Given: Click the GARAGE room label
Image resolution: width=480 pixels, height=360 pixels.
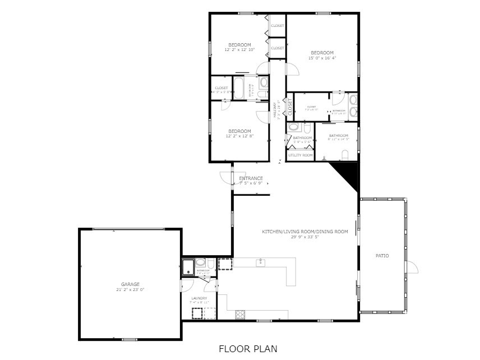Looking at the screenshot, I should pos(130,284).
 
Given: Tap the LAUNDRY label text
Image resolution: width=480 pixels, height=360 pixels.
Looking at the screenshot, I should pos(199,298).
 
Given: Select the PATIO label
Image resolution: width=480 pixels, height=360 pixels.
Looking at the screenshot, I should pos(382,256).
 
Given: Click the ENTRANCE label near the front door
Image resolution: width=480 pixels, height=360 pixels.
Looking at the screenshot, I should pos(251,178).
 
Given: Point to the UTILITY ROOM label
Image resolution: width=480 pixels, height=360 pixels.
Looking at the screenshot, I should pos(300,155).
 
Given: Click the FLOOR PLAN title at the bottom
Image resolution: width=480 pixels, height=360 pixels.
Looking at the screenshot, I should pos(247,349).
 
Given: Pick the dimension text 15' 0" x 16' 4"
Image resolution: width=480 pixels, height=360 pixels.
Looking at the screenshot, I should pos(322,58).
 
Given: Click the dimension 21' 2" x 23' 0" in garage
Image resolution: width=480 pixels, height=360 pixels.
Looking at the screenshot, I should pos(130,290).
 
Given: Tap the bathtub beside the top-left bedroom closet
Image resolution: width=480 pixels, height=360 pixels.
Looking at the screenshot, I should pos(238,89).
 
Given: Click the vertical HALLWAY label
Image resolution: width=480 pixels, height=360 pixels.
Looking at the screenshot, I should pos(275,110).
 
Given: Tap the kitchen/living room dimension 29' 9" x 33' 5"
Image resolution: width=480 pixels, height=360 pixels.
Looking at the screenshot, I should pos(304,237).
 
